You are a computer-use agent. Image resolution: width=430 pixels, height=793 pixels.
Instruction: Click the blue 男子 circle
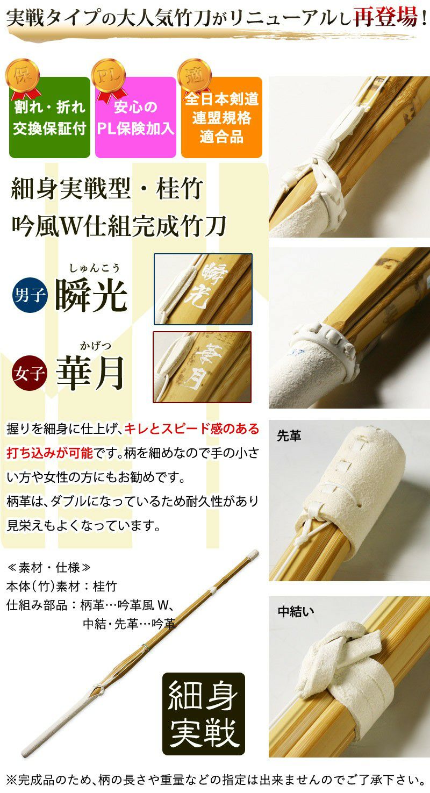30,295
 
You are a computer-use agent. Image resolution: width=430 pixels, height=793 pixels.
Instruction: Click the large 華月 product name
90,373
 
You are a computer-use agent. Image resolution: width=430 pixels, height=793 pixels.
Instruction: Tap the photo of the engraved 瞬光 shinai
203,289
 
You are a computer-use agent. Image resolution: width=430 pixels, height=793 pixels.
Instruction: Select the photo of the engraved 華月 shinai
202,367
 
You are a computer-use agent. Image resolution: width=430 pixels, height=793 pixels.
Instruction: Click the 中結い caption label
296,611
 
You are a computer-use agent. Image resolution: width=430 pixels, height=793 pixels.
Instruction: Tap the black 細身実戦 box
204,714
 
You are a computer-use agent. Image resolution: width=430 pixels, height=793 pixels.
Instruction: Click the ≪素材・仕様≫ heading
48,568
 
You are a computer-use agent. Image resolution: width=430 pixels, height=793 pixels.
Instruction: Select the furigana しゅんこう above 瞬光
94,268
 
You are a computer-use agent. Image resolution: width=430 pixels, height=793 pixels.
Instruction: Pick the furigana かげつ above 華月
95,346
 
